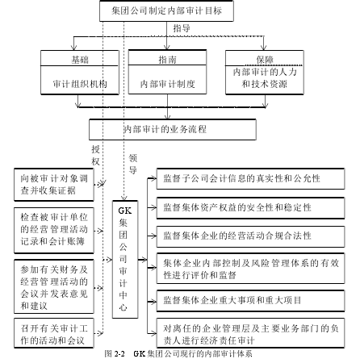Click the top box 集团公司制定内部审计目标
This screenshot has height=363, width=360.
pyautogui.click(x=166, y=10)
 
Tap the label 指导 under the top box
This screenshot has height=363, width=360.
pyautogui.click(x=182, y=28)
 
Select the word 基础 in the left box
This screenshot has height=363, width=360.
pyautogui.click(x=80, y=60)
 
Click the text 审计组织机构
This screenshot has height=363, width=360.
pyautogui.click(x=80, y=84)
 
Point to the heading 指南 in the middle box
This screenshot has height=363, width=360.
pyautogui.click(x=167, y=60)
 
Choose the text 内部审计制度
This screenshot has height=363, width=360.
pyautogui.click(x=167, y=84)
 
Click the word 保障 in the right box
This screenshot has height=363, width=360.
pyautogui.click(x=265, y=60)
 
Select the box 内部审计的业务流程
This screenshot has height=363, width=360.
pyautogui.click(x=173, y=129)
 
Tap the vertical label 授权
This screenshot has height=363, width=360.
pyautogui.click(x=95, y=155)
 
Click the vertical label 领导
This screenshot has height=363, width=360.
pyautogui.click(x=133, y=164)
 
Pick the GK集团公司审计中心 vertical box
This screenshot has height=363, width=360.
pyautogui.click(x=125, y=259)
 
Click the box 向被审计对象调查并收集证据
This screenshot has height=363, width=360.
pyautogui.click(x=54, y=185)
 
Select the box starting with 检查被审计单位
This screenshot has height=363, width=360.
pyautogui.click(x=54, y=230)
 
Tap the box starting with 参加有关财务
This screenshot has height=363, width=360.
pyautogui.click(x=54, y=286)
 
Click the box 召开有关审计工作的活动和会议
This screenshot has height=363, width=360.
pyautogui.click(x=54, y=333)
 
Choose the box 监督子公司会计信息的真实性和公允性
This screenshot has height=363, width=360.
pyautogui.click(x=250, y=179)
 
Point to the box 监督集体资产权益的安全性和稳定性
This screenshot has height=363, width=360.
pyautogui.click(x=250, y=208)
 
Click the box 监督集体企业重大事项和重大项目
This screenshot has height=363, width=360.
pyautogui.click(x=250, y=301)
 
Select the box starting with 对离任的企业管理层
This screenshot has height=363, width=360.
pyautogui.click(x=250, y=333)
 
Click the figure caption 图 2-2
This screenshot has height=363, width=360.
pyautogui.click(x=115, y=353)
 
